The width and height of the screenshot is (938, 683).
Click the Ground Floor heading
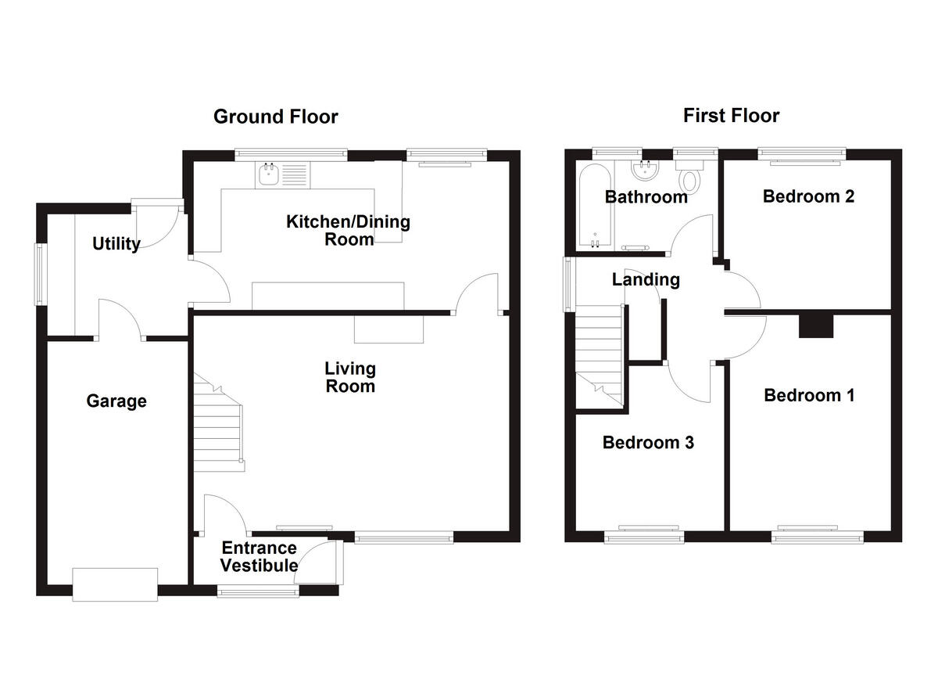[275, 117]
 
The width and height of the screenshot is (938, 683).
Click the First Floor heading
[731, 116]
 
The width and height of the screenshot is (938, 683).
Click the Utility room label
[116, 243]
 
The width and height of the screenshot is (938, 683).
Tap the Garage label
[116, 401]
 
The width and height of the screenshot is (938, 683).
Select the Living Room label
[350, 377]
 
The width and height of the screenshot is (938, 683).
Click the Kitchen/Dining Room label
[348, 231]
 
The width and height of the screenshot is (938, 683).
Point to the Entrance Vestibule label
[259, 556]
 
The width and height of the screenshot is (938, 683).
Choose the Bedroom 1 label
[809, 395]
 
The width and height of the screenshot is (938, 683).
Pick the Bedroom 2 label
[808, 196]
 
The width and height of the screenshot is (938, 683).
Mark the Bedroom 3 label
[648, 443]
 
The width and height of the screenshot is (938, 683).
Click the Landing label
[646, 279]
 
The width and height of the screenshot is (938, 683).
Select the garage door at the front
[115, 584]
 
